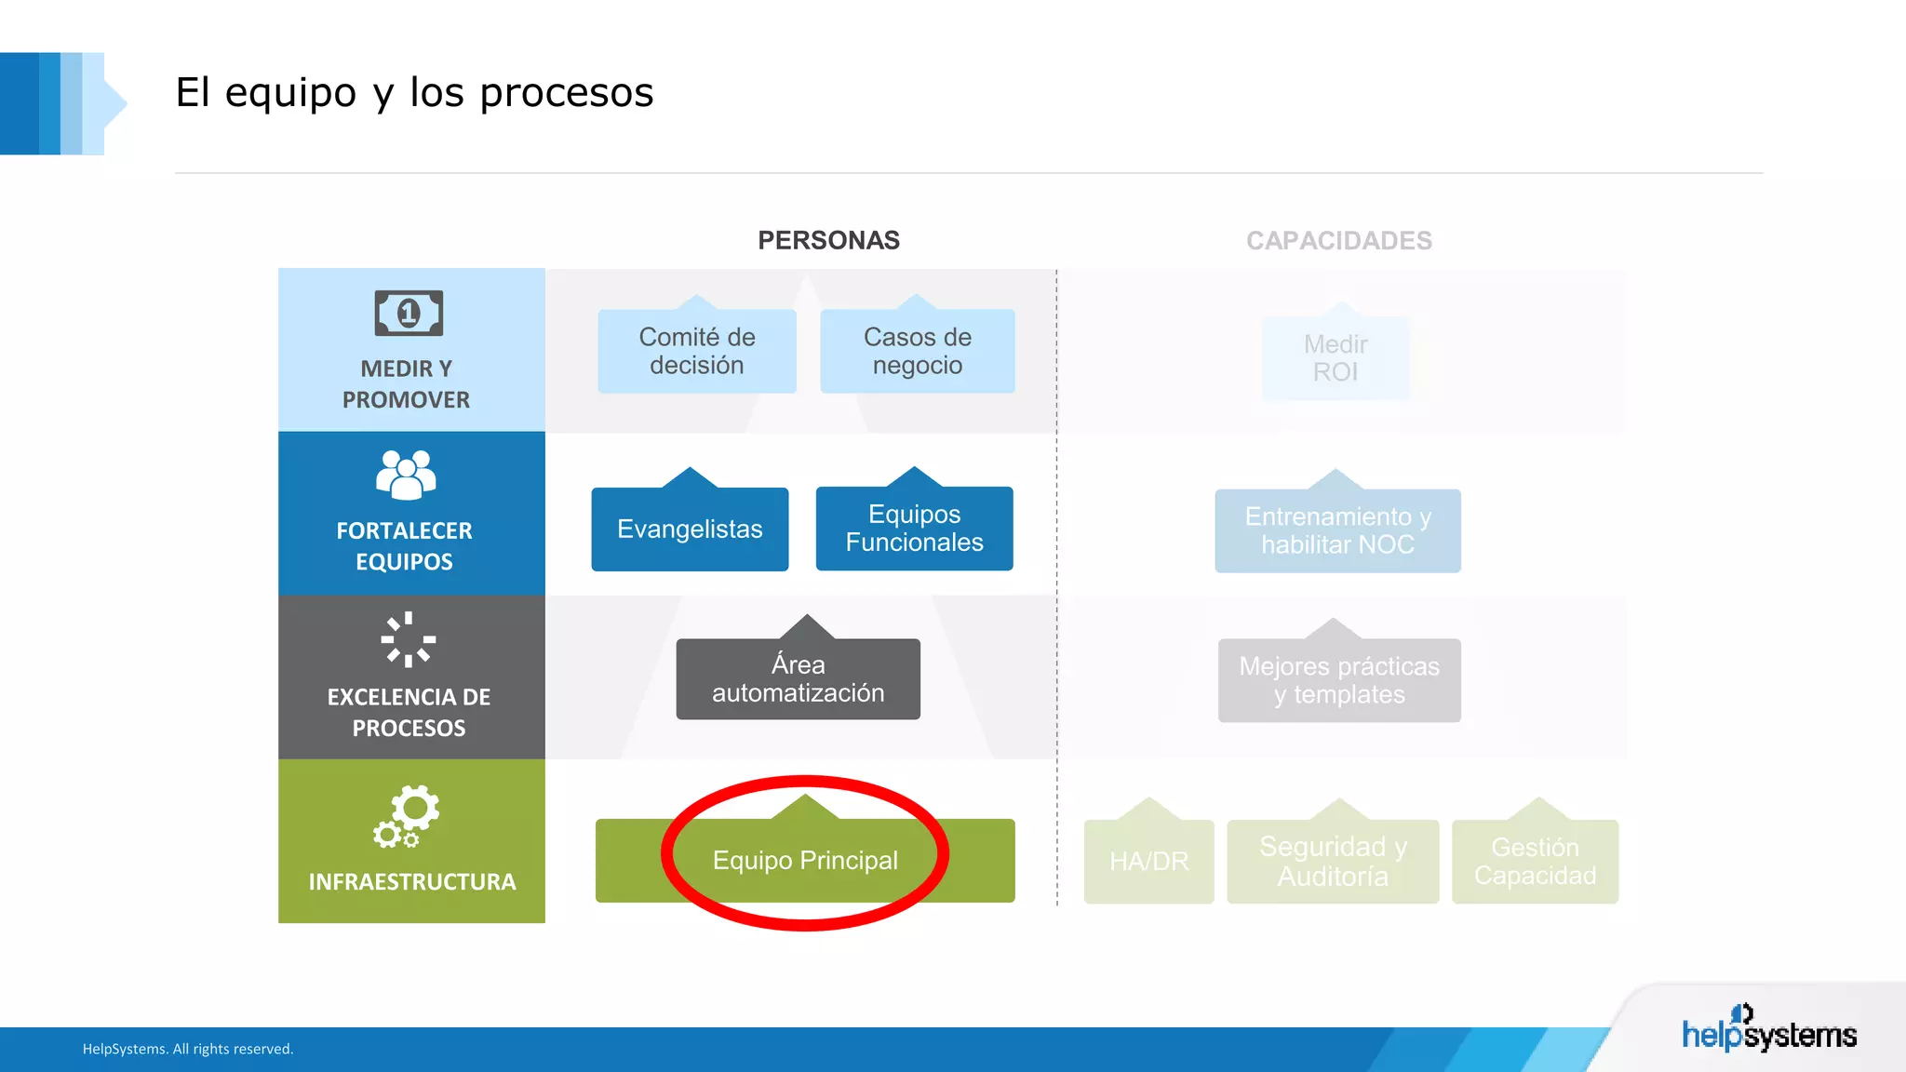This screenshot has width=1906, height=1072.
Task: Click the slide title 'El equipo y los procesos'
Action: pos(414,93)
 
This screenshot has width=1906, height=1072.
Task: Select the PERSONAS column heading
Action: pos(828,240)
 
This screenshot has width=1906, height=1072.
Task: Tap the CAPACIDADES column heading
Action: pos(1338,240)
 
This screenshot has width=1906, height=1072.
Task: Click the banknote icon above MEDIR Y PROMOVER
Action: pos(409,313)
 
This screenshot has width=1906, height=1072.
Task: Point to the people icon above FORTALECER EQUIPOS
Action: pos(406,475)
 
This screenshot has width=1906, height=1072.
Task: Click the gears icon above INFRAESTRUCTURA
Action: pos(407,816)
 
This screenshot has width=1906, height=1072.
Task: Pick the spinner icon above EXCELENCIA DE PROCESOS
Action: pos(409,639)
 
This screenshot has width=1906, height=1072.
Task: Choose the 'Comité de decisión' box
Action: pos(696,351)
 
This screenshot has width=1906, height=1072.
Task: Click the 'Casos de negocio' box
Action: pos(917,351)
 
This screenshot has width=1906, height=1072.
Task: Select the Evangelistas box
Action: pos(690,529)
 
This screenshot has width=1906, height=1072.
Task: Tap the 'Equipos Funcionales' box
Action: pos(914,528)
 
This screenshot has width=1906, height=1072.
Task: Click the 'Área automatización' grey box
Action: pos(798,678)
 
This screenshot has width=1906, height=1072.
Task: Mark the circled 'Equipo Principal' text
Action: pos(805,860)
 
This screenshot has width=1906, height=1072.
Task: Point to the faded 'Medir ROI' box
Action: pos(1336,358)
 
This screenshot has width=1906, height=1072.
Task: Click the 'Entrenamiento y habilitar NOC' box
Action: pos(1337,530)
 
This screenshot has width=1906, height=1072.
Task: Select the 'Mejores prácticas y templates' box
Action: pos(1339,680)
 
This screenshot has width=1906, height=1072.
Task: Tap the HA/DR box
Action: pos(1148,861)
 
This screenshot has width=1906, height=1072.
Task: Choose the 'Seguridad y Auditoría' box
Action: pos(1333,861)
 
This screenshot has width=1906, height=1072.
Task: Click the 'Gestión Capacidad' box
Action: pos(1535,861)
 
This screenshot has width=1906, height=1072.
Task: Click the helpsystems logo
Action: pos(1768,1031)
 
